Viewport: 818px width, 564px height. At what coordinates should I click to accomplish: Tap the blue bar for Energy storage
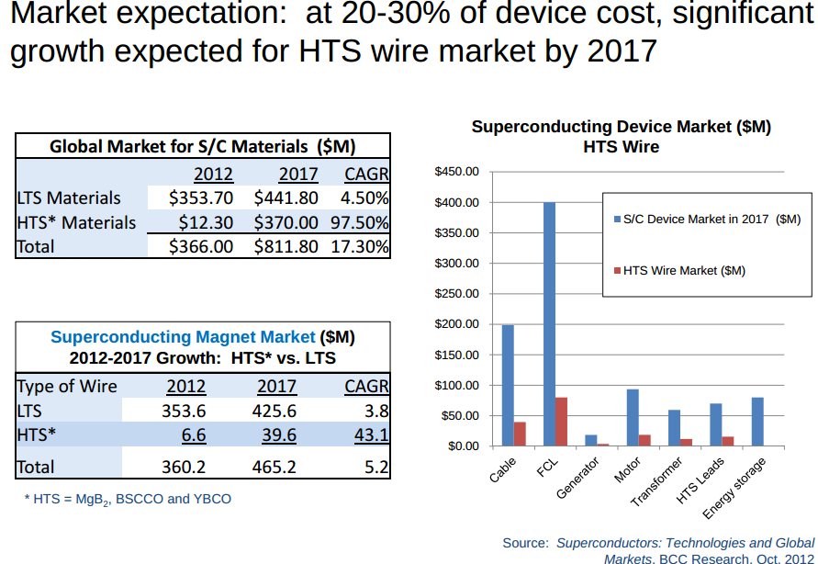pos(757,422)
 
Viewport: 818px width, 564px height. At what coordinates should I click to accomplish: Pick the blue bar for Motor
pos(633,418)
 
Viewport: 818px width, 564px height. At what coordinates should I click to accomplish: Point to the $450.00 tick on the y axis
pos(456,172)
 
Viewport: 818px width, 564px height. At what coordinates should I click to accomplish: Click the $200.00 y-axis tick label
pos(456,324)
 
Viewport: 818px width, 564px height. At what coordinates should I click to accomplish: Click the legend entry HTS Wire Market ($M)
pos(683,271)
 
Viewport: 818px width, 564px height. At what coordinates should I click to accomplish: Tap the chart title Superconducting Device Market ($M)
pos(621,128)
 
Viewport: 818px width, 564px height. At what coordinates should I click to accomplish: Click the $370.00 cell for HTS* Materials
pos(286,222)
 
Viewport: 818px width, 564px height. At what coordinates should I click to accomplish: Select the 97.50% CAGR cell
pos(364,222)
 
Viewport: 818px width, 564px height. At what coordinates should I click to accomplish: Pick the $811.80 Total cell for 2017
pos(286,246)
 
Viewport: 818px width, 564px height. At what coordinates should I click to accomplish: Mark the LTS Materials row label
pos(69,197)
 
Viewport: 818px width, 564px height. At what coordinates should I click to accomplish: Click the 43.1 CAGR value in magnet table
pos(372,434)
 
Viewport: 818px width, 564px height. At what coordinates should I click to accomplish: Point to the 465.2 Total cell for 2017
pos(274,467)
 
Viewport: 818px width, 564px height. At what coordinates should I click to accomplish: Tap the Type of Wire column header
pos(67,386)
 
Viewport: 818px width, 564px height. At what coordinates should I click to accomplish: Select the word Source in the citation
pos(525,543)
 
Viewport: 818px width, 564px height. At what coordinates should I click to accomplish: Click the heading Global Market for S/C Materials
pos(202,146)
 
